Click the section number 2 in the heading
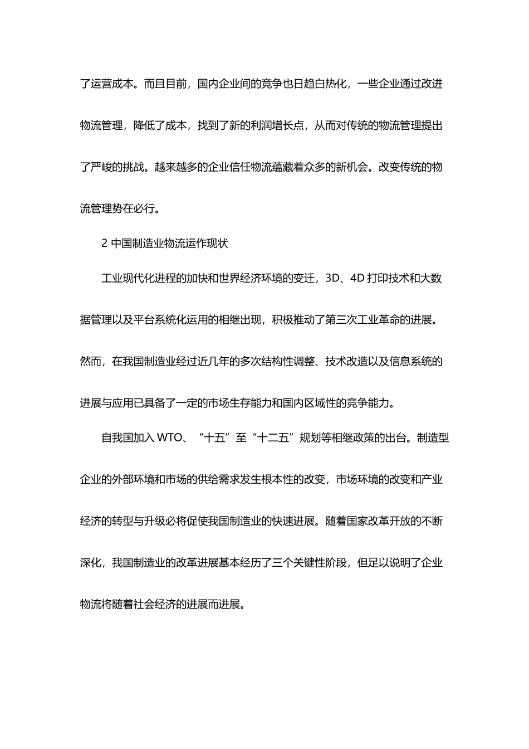point(104,244)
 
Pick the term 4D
point(357,278)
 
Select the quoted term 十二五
point(272,437)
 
